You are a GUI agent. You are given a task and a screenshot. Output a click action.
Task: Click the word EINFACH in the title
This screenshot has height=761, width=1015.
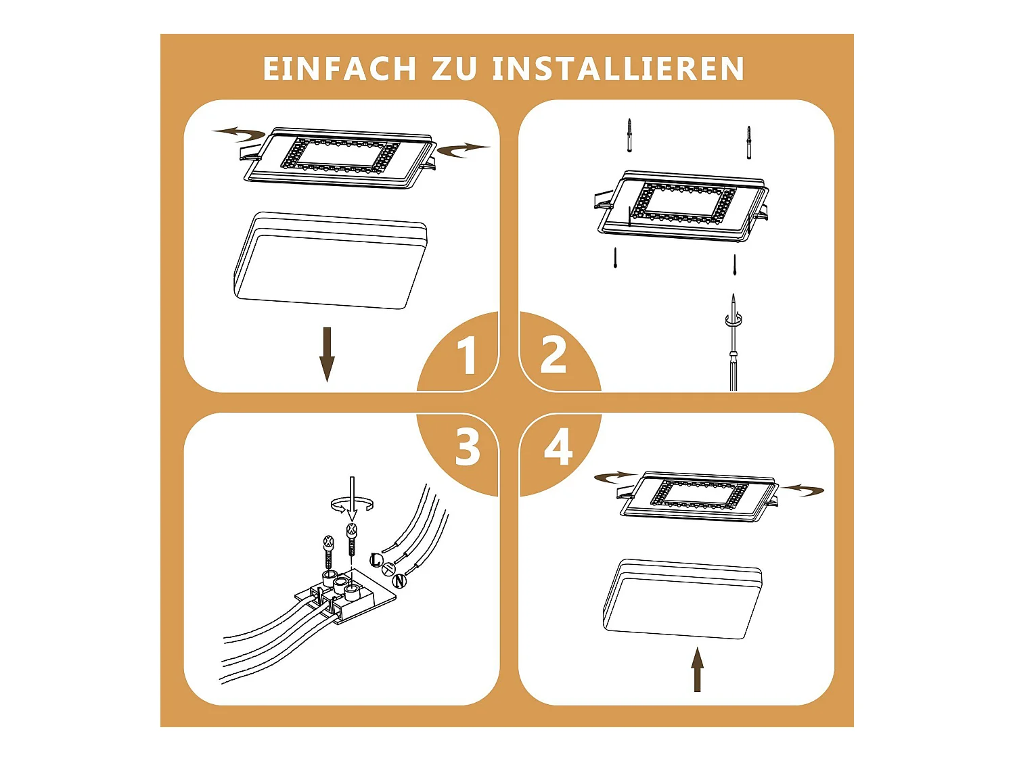340,69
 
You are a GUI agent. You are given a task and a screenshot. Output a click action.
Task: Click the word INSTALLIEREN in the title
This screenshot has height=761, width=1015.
618,69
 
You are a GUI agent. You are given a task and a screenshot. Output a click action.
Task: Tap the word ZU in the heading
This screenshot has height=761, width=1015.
454,69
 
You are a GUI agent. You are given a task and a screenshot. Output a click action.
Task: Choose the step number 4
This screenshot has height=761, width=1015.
558,447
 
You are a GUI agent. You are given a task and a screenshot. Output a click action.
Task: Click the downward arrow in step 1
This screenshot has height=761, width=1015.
328,354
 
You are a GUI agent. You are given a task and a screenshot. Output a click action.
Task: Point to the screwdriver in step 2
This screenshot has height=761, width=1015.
732,342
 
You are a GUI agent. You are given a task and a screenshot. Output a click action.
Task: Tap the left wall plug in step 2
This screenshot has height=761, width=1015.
629,135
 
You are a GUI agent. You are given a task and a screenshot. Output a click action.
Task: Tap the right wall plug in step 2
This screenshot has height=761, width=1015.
748,142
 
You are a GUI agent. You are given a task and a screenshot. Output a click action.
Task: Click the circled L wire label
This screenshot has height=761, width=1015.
377,560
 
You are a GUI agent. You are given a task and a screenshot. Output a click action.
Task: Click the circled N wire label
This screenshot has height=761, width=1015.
399,581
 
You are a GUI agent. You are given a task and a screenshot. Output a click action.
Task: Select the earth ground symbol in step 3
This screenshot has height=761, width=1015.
388,570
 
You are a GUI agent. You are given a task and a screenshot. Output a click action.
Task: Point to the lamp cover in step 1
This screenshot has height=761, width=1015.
330,260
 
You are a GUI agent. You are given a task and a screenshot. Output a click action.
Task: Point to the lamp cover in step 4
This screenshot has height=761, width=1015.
683,599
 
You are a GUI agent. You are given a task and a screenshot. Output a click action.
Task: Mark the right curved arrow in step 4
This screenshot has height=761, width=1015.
802,489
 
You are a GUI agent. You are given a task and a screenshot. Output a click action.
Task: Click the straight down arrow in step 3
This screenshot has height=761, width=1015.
353,499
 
